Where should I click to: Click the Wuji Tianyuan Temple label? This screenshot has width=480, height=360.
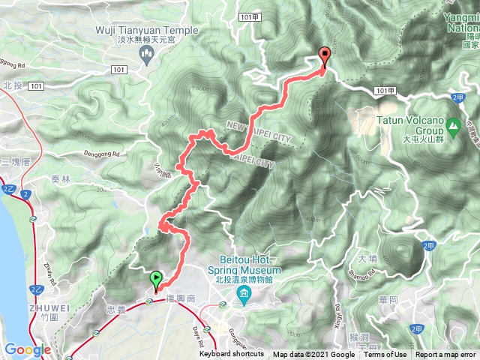[148, 31]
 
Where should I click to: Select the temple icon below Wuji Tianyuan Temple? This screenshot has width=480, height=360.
[148, 52]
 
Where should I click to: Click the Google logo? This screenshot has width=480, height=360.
[27, 349]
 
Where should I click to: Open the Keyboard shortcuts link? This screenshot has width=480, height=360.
[232, 355]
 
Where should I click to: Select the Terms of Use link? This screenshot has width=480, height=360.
[385, 355]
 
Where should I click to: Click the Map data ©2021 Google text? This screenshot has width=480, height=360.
[313, 355]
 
